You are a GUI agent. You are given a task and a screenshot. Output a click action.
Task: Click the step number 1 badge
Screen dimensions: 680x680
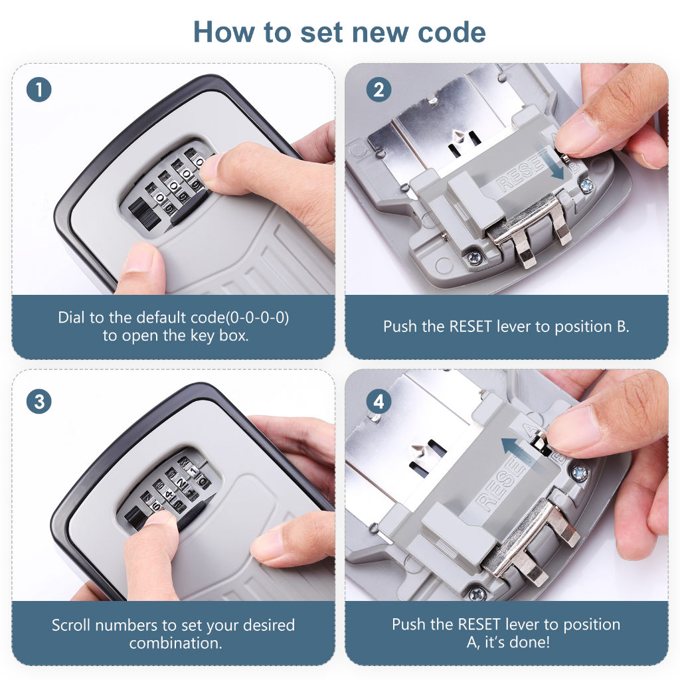click(x=39, y=90)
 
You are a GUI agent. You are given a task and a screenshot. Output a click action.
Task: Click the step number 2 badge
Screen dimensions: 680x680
click(x=379, y=90)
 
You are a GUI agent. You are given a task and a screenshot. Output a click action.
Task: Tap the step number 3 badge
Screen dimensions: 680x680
click(x=39, y=401)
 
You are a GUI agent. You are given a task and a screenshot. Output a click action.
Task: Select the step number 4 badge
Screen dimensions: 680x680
click(x=379, y=401)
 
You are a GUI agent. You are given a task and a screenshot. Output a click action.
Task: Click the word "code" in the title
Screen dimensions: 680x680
click(x=452, y=33)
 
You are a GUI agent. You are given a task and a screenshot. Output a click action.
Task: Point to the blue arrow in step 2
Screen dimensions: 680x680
click(x=552, y=164)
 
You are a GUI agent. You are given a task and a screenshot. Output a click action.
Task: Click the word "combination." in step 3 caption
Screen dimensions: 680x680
click(x=175, y=643)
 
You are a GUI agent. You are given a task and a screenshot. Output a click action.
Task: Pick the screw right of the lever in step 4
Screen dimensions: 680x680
click(x=579, y=473)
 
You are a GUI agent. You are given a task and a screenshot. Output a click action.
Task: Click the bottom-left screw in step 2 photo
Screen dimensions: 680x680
click(x=473, y=258)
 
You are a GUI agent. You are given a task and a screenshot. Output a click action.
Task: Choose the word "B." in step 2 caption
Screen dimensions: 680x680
click(x=623, y=326)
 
